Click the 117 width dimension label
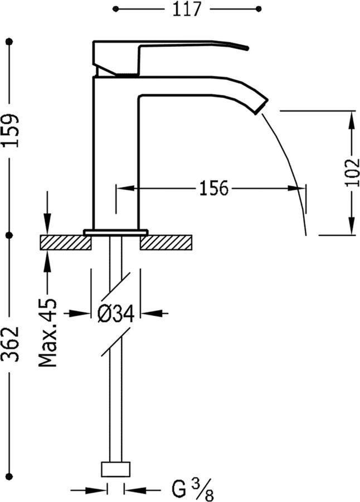187,9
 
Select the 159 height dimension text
11,131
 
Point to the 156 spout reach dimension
214,189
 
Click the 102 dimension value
352,172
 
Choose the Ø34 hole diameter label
115,313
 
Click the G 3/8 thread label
193,489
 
